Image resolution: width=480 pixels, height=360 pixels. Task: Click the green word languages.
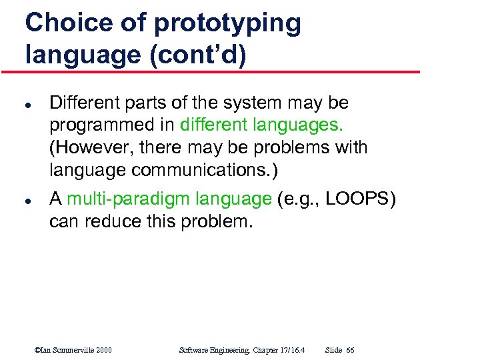pos(296,125)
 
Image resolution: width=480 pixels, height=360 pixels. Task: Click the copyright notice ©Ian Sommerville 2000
pos(73,350)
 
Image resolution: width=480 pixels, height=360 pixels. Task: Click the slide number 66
pos(351,350)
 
